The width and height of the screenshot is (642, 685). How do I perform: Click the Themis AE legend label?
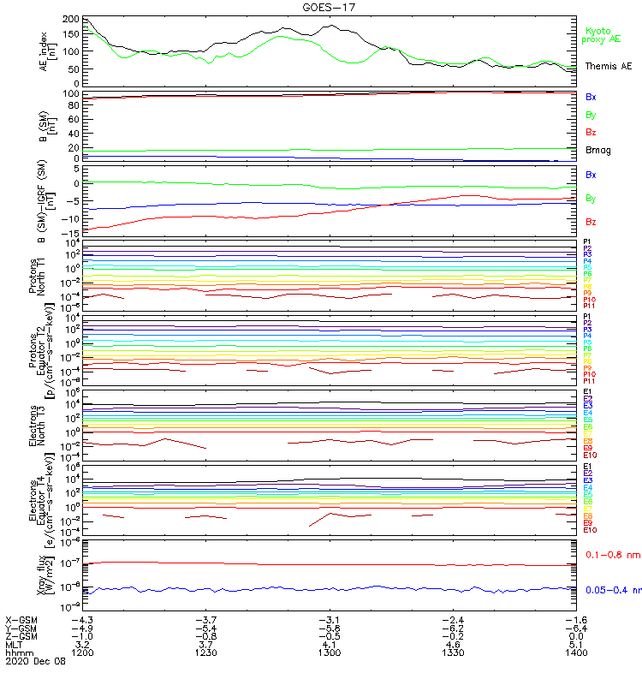click(608, 66)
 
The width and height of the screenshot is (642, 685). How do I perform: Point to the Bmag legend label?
click(597, 151)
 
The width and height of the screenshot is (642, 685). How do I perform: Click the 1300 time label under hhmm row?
click(330, 652)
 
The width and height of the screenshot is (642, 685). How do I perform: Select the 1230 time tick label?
click(206, 652)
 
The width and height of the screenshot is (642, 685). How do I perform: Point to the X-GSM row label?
click(22, 619)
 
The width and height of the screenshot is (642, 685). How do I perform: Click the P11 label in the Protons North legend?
click(589, 305)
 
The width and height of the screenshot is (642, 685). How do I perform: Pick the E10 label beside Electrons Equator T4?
click(590, 530)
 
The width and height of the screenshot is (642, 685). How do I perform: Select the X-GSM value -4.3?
click(83, 619)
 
